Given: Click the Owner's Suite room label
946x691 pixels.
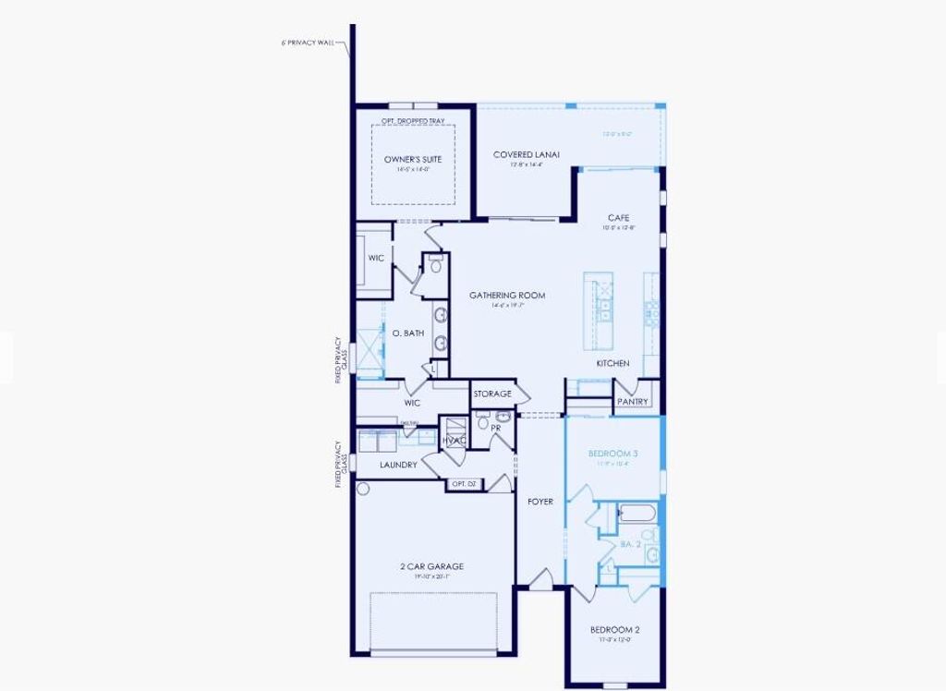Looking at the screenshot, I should pyautogui.click(x=413, y=160).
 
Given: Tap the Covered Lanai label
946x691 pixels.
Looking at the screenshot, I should pyautogui.click(x=528, y=154).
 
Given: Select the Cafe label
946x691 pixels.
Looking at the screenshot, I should pyautogui.click(x=619, y=218).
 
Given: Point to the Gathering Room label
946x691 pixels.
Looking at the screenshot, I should pyautogui.click(x=507, y=296).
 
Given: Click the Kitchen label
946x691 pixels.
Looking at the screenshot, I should pyautogui.click(x=612, y=363).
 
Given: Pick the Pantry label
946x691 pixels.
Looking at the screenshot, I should pyautogui.click(x=633, y=402).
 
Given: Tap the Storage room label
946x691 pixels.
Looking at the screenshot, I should pyautogui.click(x=492, y=394).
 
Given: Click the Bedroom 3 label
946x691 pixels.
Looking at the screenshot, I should pyautogui.click(x=614, y=454).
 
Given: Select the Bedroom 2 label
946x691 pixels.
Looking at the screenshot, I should pyautogui.click(x=615, y=630).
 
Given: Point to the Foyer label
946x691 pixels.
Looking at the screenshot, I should pyautogui.click(x=540, y=502).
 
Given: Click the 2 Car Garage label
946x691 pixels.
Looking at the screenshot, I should pyautogui.click(x=431, y=566).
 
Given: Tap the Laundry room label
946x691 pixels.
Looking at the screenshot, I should pyautogui.click(x=398, y=465).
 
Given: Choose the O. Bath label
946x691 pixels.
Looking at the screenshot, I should pyautogui.click(x=407, y=333).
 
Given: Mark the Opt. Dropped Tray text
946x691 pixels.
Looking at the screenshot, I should pyautogui.click(x=413, y=121).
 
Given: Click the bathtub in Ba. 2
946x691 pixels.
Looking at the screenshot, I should pyautogui.click(x=637, y=512).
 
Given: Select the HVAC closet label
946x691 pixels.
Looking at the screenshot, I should pyautogui.click(x=455, y=440).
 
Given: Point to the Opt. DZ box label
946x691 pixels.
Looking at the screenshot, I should pyautogui.click(x=464, y=484).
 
